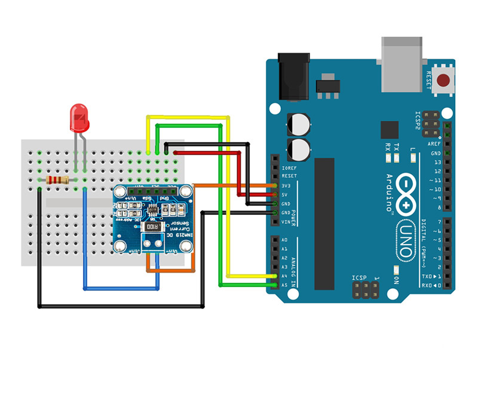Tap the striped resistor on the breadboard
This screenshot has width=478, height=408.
56,180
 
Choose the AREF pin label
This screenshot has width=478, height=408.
435,144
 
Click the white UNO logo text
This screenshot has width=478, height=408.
406,239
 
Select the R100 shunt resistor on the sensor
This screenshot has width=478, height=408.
153,227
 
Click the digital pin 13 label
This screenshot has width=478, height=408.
437,162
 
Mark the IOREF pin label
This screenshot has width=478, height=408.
289,168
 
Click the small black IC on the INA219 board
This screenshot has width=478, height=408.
154,209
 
